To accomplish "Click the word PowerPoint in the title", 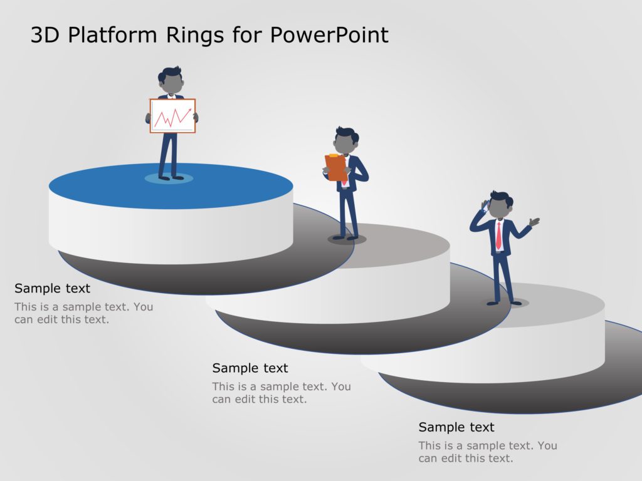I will pos(329,35).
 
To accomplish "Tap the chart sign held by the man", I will pos(172,116).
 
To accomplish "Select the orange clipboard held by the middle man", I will pos(335,167).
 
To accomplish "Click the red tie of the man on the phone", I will pos(498,235).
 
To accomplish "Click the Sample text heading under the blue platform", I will pos(53,289).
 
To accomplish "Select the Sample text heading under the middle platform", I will pos(250,368).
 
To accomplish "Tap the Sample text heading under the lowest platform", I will pos(456,427).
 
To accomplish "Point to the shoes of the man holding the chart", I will pos(171,178).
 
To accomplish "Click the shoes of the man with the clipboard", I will pos(345,237).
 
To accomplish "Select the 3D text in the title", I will pos(45,35).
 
